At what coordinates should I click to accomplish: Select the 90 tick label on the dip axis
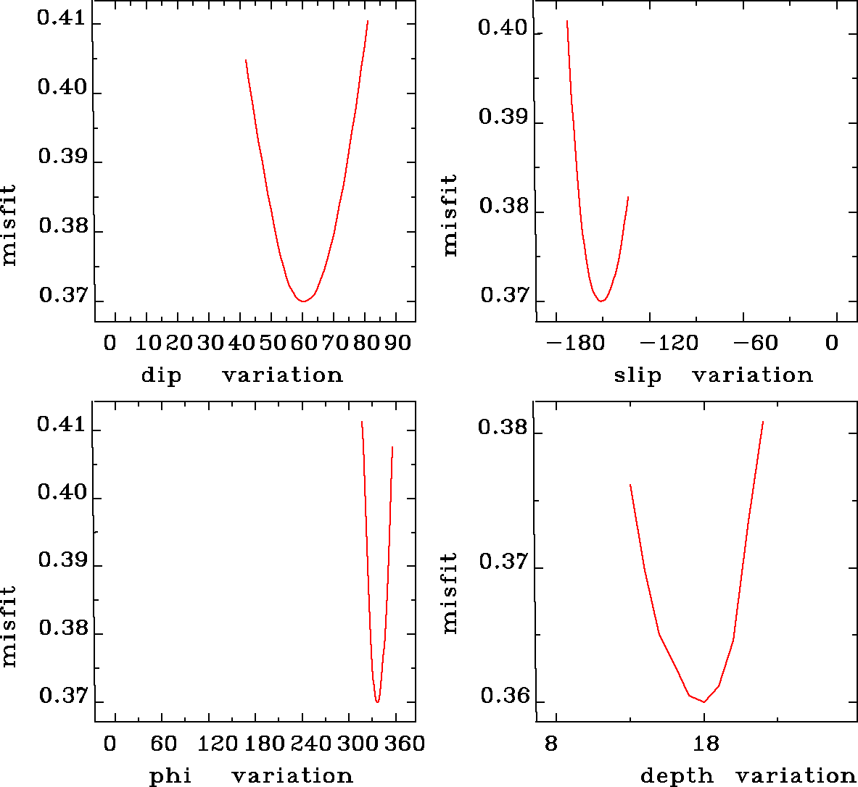[x=397, y=343]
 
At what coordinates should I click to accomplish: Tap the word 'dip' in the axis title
[x=161, y=375]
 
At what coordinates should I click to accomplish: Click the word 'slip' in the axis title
[x=638, y=375]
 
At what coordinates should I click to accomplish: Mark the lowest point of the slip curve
[x=601, y=300]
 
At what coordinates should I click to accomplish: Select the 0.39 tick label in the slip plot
[x=503, y=117]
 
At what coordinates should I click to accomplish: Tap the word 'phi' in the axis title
[x=170, y=776]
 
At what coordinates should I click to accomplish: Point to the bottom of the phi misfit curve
[x=377, y=701]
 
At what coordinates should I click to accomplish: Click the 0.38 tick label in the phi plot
[x=62, y=628]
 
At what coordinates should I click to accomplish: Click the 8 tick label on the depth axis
[x=551, y=744]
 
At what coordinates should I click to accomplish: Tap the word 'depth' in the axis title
[x=677, y=776]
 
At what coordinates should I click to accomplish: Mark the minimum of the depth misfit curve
[x=704, y=701]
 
